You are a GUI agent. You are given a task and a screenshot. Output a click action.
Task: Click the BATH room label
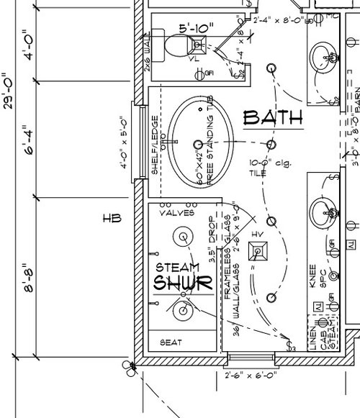[x=272, y=117]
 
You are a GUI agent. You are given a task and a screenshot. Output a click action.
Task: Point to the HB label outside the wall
[x=110, y=218]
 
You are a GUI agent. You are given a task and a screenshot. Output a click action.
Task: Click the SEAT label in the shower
[x=170, y=342]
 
